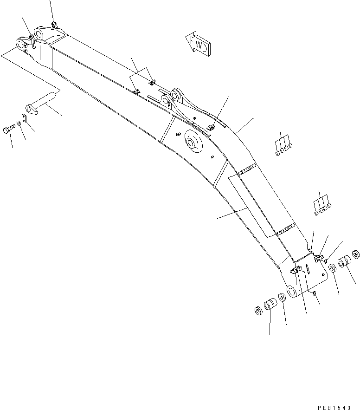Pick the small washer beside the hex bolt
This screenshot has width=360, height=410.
pyautogui.click(x=18, y=123)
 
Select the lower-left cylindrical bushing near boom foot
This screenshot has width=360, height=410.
pyautogui.click(x=270, y=306)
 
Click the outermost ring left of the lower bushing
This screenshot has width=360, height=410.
pyautogui.click(x=259, y=310)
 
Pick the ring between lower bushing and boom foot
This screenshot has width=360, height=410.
pyautogui.click(x=282, y=298)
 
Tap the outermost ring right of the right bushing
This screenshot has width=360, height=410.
pyautogui.click(x=356, y=254)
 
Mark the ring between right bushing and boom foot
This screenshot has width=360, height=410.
pyautogui.click(x=333, y=269)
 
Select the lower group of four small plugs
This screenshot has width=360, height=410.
pyautogui.click(x=322, y=208)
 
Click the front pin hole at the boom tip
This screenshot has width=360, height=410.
pyautogui.click(x=20, y=44)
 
